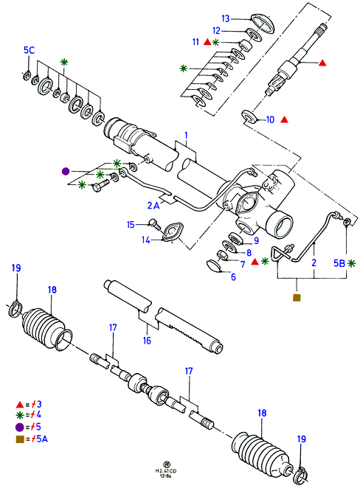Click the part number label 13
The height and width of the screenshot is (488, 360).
click(x=226, y=18)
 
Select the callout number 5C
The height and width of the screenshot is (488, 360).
click(x=29, y=50)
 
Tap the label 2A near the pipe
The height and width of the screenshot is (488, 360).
click(x=153, y=206)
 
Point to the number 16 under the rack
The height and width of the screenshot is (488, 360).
click(x=147, y=340)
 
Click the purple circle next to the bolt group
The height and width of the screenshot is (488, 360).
click(x=66, y=171)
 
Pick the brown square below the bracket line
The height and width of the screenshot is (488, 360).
click(x=297, y=298)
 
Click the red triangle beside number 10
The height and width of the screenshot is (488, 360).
click(x=284, y=119)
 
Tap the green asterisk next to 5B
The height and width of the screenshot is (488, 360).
click(x=351, y=263)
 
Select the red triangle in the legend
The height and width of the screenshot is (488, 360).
click(x=20, y=405)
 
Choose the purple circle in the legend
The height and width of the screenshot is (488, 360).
click(x=20, y=428)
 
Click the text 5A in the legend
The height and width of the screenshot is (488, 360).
click(x=42, y=439)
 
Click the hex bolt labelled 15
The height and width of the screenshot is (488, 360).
click(x=155, y=224)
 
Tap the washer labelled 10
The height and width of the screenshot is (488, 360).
click(x=250, y=116)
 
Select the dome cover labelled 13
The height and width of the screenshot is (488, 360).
click(x=263, y=23)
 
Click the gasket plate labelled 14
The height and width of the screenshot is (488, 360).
click(x=173, y=233)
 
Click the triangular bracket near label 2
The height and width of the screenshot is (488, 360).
click(x=280, y=254)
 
